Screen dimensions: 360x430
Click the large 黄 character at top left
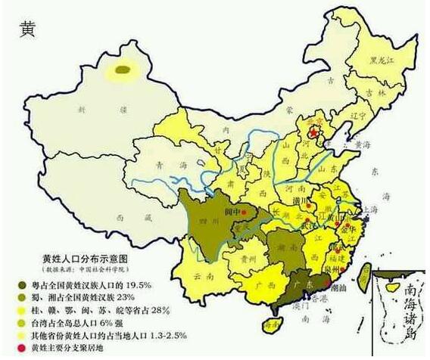coord(27,30)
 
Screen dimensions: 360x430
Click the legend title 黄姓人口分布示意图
coord(85,258)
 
